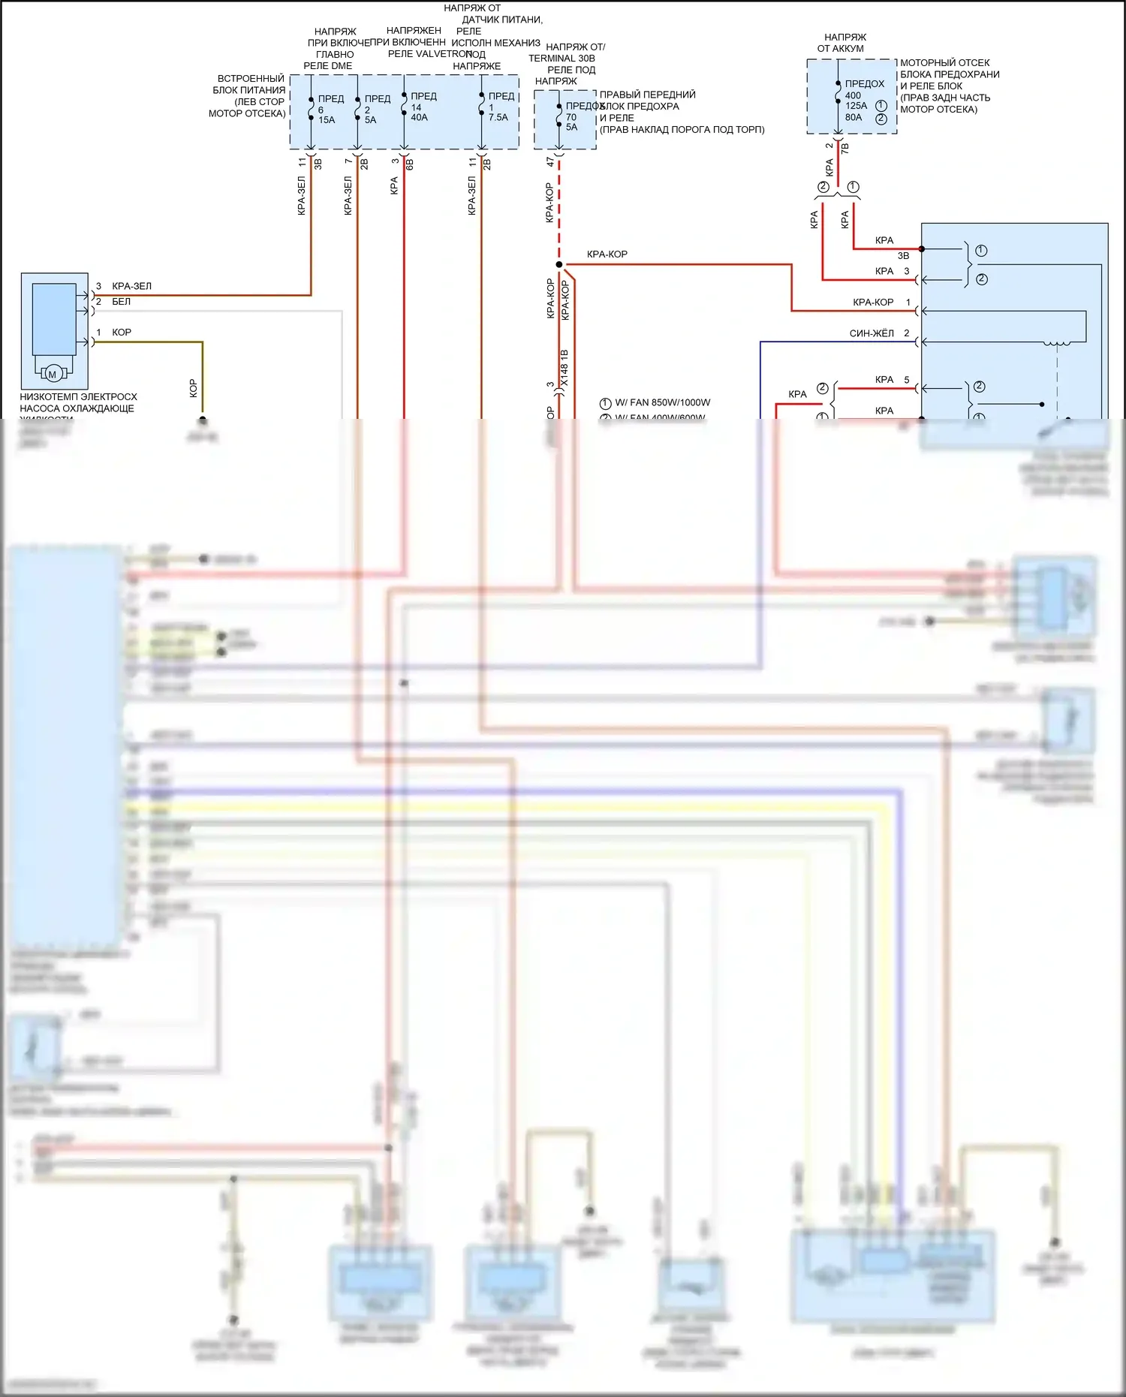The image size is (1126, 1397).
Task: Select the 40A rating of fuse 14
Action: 419,118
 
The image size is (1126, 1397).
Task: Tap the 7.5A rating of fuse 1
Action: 498,118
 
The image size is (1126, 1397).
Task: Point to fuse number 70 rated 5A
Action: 571,117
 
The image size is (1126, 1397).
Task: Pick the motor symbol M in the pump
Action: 53,374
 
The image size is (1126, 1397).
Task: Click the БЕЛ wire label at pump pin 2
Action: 121,302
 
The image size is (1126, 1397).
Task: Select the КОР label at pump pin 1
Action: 121,333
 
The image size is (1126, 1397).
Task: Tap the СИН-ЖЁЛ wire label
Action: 872,333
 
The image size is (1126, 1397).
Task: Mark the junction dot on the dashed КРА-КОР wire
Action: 558,264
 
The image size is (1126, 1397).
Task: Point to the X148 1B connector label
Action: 565,368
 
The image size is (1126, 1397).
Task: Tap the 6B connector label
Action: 410,164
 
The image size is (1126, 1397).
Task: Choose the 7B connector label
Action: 845,149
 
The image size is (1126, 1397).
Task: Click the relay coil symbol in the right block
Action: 1058,344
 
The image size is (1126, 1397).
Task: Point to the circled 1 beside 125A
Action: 881,106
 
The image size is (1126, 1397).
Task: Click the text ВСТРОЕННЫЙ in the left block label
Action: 251,79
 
